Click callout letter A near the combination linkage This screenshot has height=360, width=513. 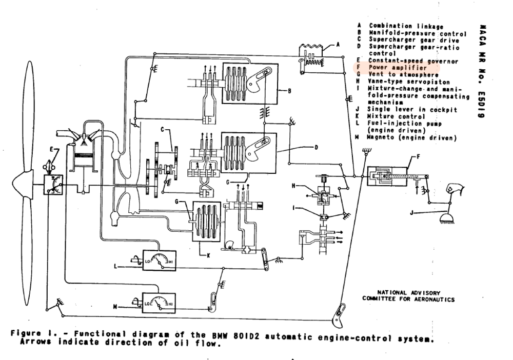[x=338, y=45]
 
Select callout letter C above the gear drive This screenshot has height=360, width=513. [x=162, y=130]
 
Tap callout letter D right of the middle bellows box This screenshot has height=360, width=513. [x=316, y=148]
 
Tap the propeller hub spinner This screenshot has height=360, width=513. [x=19, y=182]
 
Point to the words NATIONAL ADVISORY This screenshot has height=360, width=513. [x=408, y=293]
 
